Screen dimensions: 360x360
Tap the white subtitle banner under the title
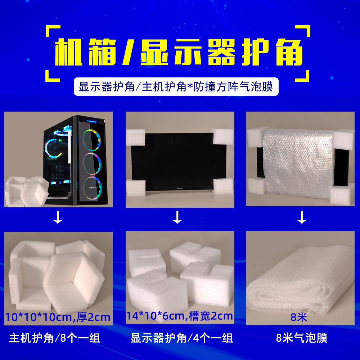point(176,87)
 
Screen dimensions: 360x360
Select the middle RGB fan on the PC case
point(93,164)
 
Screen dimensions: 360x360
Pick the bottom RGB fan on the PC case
point(93,188)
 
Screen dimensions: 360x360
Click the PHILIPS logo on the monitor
point(180,189)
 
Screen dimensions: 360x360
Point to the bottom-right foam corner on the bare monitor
point(223,186)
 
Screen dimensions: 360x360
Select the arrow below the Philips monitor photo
point(177,218)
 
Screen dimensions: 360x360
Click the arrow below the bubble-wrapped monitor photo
point(302,218)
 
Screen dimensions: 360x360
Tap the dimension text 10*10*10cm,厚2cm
point(58,317)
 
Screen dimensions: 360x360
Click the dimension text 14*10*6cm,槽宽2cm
point(179,316)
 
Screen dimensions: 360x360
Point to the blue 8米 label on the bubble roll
point(299,318)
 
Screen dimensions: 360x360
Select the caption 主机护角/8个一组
point(54,338)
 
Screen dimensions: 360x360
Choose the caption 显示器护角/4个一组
point(181,338)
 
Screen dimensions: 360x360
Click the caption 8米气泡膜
point(302,338)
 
